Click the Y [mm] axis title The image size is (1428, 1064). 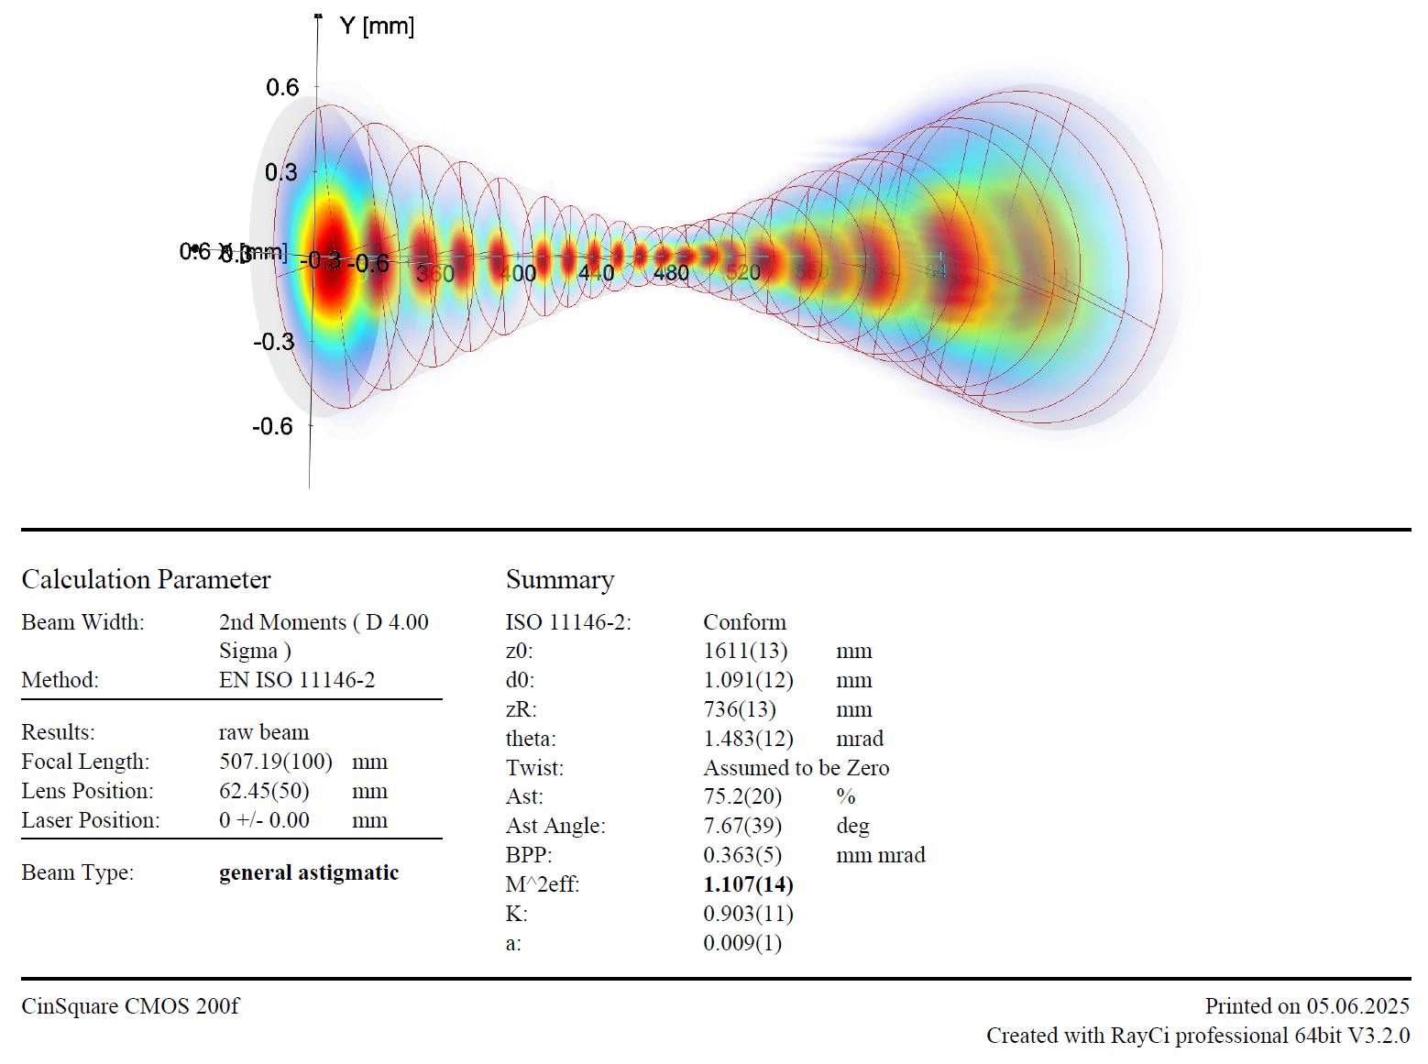377,26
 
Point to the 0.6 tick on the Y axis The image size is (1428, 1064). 282,87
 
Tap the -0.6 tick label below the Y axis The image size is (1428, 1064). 272,426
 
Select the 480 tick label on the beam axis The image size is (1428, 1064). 671,273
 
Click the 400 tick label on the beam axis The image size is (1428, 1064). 518,273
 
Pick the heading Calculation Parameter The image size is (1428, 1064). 146,579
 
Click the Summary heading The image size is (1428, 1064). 560,579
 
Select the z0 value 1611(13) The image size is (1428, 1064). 745,651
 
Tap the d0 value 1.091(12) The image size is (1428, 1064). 748,680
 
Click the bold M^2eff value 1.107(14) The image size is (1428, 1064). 748,884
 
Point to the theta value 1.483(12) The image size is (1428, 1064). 748,739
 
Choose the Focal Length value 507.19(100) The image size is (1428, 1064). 275,762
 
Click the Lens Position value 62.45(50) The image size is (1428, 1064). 264,791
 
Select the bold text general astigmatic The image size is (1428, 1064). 309,872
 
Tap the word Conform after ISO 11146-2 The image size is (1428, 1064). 744,622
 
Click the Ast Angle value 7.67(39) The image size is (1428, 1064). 742,826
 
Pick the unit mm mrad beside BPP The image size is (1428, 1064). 881,855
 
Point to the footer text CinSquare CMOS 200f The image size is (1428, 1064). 130,1006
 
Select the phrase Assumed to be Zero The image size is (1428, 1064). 796,768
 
